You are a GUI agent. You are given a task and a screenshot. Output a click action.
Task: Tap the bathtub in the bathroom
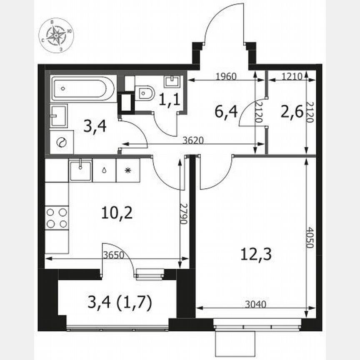(x=83, y=88)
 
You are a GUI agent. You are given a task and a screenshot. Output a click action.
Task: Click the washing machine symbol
(x=61, y=142)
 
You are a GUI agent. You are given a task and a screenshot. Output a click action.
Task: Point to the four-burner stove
(x=57, y=218)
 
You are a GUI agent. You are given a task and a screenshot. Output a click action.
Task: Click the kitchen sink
(x=80, y=170)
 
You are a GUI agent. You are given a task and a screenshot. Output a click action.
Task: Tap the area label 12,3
(x=256, y=254)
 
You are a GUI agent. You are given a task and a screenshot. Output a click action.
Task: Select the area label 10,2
(x=117, y=213)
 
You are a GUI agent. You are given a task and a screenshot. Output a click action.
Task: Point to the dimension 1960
(x=226, y=76)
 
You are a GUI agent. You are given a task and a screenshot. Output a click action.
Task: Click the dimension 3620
(x=193, y=140)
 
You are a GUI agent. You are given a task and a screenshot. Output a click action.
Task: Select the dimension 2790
(x=182, y=214)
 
